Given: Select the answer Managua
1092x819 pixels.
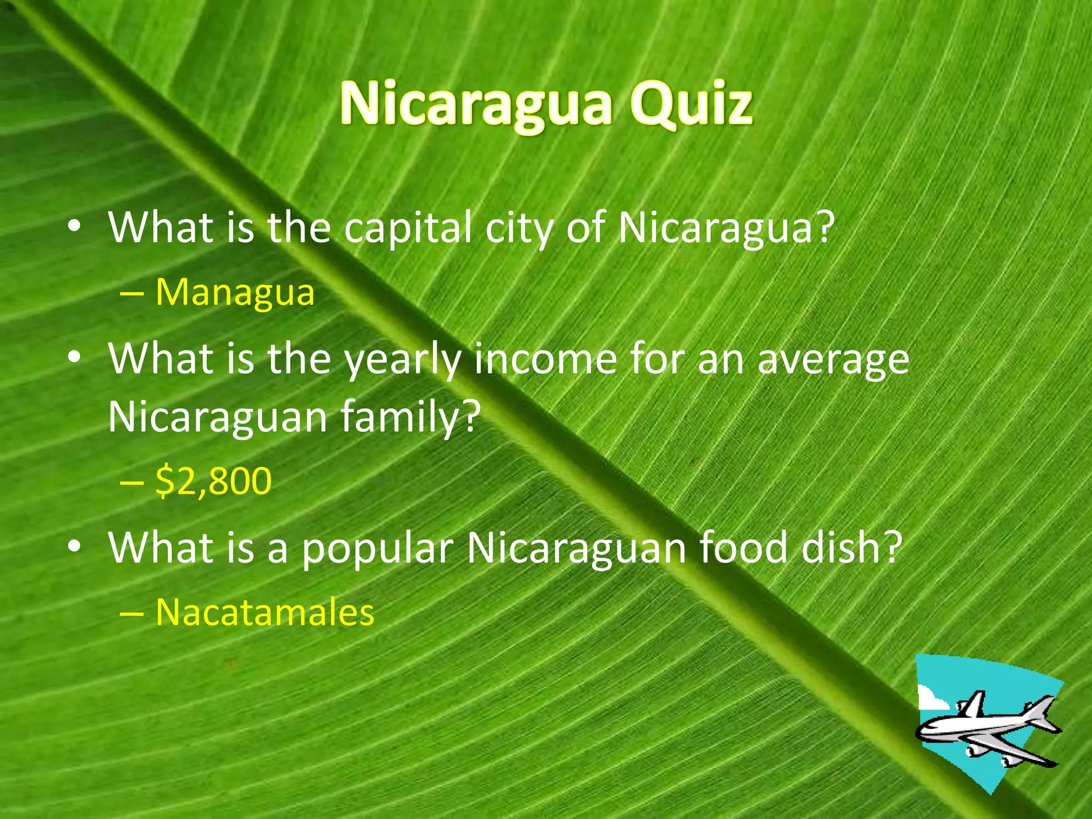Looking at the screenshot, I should pyautogui.click(x=235, y=293).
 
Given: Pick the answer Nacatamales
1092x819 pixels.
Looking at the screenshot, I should pyautogui.click(x=265, y=612).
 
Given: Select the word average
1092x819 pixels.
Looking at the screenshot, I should pyautogui.click(x=833, y=360).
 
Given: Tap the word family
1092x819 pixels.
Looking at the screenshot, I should pyautogui.click(x=400, y=417).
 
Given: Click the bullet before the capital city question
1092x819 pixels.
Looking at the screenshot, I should pyautogui.click(x=74, y=227).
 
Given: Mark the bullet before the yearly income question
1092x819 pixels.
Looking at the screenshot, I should pyautogui.click(x=74, y=358).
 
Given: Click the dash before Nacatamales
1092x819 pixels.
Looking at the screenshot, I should pyautogui.click(x=131, y=613).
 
